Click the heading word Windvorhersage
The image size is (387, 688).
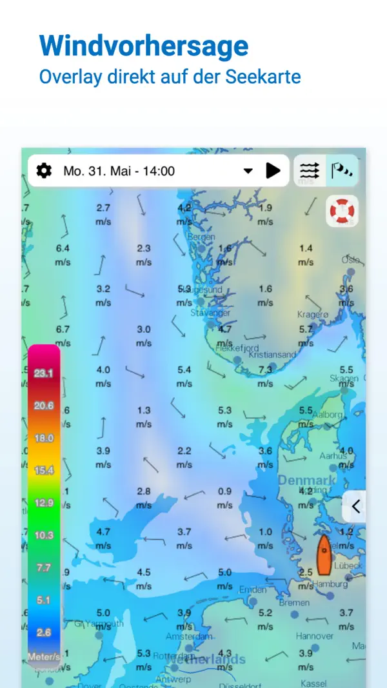[143, 46]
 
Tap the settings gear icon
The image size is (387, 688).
[44, 171]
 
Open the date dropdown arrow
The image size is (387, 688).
[248, 171]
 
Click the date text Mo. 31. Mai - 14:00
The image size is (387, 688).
[119, 171]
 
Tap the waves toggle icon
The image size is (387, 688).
[310, 171]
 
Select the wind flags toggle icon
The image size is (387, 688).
[342, 171]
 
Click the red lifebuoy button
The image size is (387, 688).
[342, 211]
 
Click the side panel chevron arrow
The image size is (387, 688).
[355, 506]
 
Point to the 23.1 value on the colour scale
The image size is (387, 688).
[44, 373]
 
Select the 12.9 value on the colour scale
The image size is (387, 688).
[44, 502]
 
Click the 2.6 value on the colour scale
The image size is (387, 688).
[44, 633]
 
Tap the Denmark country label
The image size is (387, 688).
[307, 480]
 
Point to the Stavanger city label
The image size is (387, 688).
[210, 313]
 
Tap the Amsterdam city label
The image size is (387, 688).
[189, 636]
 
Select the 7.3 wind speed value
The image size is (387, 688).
[265, 370]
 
